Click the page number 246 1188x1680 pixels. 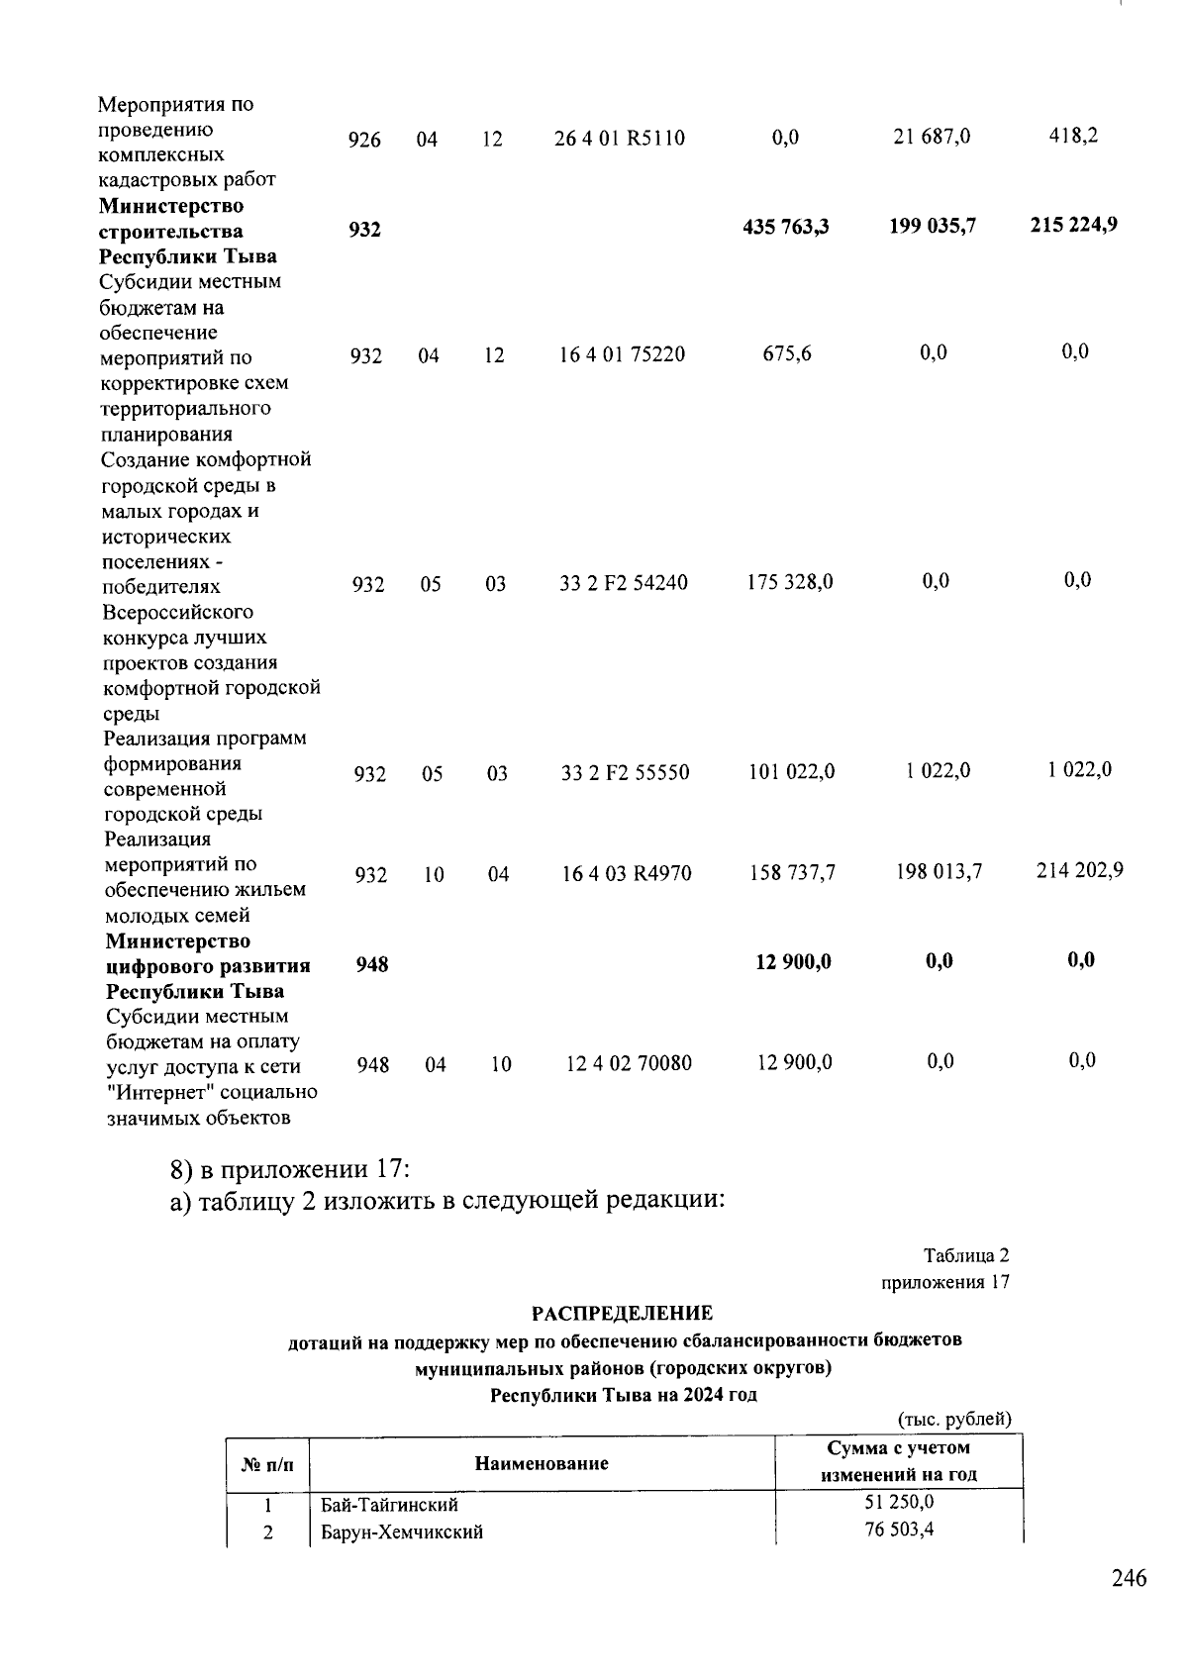tap(1129, 1578)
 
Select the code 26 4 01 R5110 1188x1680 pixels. tap(620, 139)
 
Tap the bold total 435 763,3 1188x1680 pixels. tap(786, 228)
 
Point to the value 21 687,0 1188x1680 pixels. tap(932, 137)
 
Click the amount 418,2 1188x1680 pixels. tap(1073, 136)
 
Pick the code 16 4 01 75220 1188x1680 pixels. tap(622, 354)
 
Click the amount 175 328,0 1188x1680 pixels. tap(789, 582)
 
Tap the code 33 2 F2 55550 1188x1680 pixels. tap(625, 773)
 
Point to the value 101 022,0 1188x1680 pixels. tap(791, 771)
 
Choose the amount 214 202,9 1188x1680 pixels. tap(1079, 871)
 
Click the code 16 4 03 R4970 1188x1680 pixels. tap(627, 873)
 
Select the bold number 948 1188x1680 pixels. tap(372, 963)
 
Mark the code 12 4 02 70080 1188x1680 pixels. tap(629, 1064)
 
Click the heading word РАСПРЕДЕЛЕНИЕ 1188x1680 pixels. tap(622, 1314)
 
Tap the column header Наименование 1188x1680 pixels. tap(542, 1463)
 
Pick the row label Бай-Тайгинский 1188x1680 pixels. tap(389, 1505)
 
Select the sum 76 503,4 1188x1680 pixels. tap(899, 1530)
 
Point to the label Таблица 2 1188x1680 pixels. tap(966, 1255)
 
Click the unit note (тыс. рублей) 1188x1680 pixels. tap(954, 1420)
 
